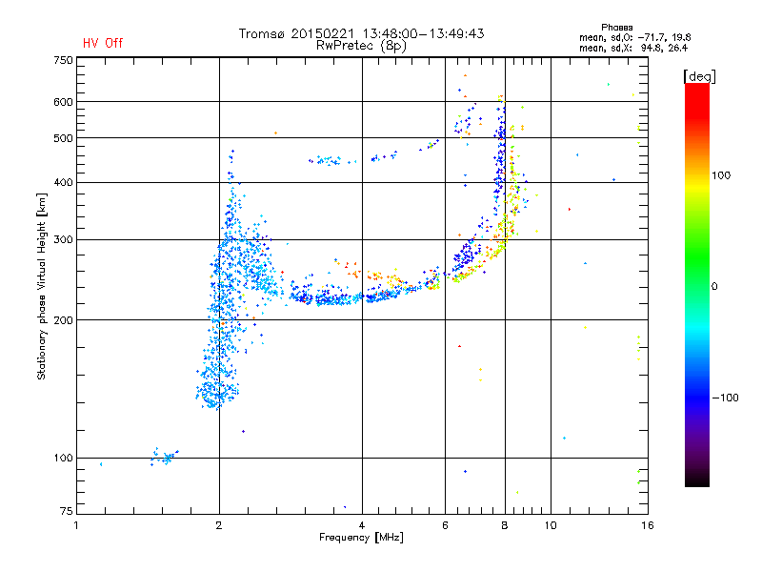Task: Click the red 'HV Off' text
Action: (103, 43)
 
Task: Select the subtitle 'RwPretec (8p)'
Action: (361, 46)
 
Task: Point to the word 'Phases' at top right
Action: (616, 28)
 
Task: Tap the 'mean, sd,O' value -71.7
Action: (649, 38)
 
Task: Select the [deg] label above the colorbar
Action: (699, 77)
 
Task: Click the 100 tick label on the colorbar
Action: (721, 175)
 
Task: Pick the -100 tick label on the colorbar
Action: (725, 398)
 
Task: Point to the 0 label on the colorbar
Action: (714, 287)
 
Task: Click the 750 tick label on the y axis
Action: (63, 60)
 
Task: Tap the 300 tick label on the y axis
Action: (63, 240)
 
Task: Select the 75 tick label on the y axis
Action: (66, 511)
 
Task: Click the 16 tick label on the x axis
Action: (648, 525)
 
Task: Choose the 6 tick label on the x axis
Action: (445, 525)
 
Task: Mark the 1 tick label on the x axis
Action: (77, 525)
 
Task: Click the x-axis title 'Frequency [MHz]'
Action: (361, 538)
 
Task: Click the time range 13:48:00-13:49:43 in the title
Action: (423, 33)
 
